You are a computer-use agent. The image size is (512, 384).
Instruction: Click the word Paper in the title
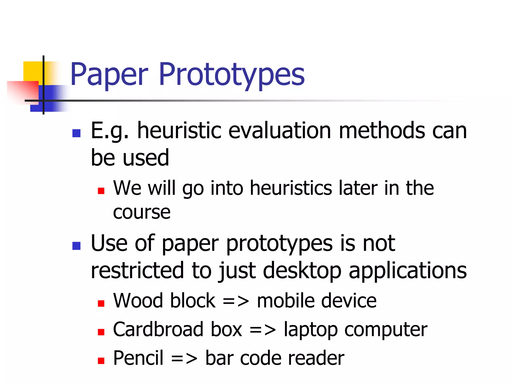(109, 74)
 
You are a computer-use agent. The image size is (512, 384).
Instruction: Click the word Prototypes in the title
(231, 74)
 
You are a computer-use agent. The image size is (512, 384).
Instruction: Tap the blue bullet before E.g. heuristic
(76, 133)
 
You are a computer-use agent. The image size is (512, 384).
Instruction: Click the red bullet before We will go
(101, 191)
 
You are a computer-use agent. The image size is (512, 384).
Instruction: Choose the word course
(141, 212)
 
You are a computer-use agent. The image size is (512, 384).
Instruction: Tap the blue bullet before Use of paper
(76, 246)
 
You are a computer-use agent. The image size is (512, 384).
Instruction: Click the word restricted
(137, 270)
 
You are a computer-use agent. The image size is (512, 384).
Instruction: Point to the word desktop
(302, 271)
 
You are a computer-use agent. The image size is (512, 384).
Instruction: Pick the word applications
(407, 271)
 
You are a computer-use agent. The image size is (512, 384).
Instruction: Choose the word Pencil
(138, 358)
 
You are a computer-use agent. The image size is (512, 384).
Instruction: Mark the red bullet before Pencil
(101, 361)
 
